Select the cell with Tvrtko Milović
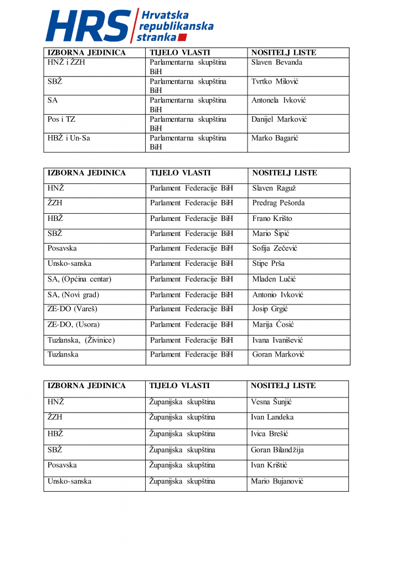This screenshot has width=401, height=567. point(275,81)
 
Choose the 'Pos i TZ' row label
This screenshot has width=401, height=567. point(61,119)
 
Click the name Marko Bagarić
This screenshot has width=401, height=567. point(275,138)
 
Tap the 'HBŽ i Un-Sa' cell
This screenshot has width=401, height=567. point(69,138)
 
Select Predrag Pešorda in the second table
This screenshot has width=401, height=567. point(278,203)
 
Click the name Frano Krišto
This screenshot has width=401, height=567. point(272,218)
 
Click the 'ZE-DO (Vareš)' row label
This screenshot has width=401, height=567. point(72,309)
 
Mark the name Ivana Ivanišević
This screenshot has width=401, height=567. point(277,340)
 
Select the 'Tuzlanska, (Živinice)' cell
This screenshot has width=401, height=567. point(81,340)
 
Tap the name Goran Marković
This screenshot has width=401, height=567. point(278,354)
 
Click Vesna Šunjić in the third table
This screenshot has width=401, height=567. point(271,401)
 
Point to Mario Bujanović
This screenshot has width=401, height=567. point(277,481)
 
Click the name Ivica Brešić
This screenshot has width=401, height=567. point(270,434)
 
